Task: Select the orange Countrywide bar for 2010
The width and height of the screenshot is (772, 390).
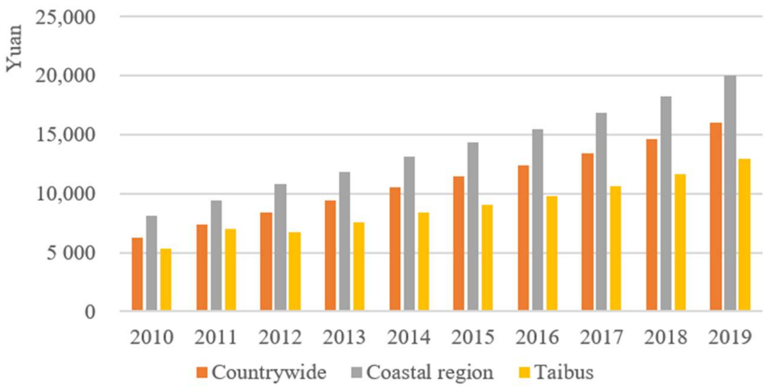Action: (137, 274)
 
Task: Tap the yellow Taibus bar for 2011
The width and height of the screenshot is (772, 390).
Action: (231, 270)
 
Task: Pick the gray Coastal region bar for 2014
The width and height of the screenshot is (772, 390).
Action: (409, 234)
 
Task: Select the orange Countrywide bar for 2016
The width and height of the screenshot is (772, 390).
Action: (523, 238)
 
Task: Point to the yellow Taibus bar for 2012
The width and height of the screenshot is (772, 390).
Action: (295, 271)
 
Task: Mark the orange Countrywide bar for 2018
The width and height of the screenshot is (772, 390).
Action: (652, 225)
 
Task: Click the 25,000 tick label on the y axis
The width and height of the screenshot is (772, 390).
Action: (65, 17)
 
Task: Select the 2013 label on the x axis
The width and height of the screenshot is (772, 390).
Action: (344, 338)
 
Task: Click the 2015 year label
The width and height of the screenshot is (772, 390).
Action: (473, 338)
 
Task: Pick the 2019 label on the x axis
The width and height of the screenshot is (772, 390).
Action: (730, 338)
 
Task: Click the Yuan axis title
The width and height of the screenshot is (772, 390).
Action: (14, 48)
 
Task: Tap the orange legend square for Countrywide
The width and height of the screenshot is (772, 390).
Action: (202, 373)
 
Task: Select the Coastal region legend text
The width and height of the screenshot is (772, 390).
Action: (429, 373)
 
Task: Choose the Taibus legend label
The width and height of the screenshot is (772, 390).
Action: (564, 373)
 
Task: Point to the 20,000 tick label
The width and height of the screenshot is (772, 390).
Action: (65, 76)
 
